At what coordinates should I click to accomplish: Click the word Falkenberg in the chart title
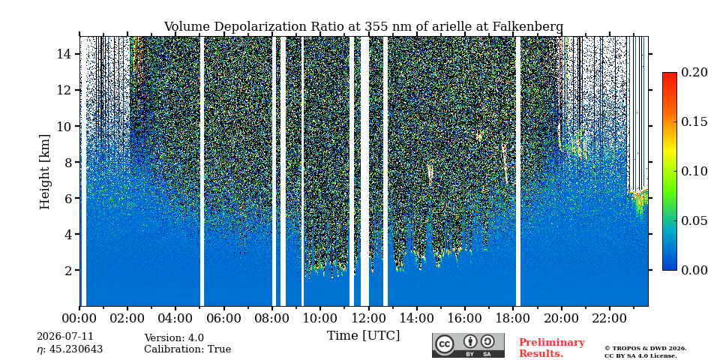click(527, 27)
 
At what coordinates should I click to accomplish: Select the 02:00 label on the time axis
click(127, 318)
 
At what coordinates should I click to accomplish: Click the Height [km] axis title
click(44, 172)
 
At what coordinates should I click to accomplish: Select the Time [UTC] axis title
click(363, 336)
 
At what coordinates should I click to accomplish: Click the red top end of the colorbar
click(670, 74)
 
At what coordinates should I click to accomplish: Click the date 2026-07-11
click(65, 337)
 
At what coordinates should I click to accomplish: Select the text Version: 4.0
click(174, 338)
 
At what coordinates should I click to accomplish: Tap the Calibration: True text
click(187, 349)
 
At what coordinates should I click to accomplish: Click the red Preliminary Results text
click(552, 348)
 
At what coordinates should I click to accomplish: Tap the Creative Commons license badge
click(468, 345)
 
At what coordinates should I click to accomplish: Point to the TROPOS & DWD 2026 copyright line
click(646, 349)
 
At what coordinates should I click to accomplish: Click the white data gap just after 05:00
click(202, 171)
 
